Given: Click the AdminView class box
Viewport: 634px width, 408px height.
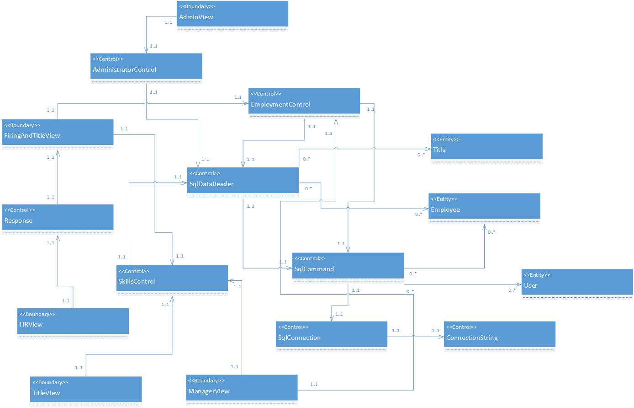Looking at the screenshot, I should click(x=232, y=16).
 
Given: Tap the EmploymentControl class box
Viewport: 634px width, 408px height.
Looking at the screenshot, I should click(x=304, y=103).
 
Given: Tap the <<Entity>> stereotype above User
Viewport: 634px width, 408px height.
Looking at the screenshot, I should click(x=537, y=275).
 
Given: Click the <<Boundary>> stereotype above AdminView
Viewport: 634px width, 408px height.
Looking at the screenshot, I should click(x=197, y=7).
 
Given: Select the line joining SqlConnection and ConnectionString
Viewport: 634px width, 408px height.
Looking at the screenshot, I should click(x=416, y=338).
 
